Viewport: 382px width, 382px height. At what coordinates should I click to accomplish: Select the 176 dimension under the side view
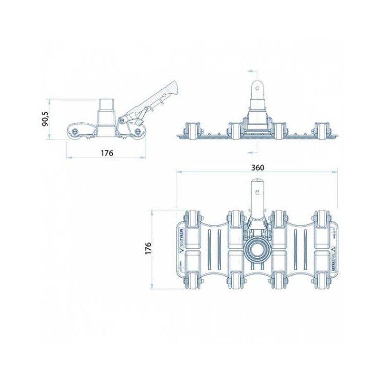click(106, 153)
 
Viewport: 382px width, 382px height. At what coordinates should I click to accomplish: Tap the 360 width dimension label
click(257, 168)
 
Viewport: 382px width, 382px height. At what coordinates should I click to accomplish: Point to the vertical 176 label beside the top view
click(148, 248)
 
